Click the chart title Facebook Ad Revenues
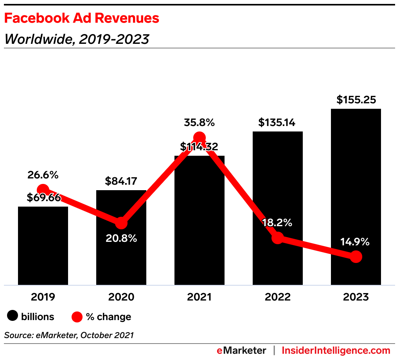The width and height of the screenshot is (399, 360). [81, 18]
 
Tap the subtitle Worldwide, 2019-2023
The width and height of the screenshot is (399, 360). [77, 39]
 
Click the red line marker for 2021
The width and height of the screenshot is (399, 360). [199, 138]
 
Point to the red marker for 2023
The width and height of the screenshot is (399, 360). [356, 257]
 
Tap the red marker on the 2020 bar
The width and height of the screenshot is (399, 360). [121, 223]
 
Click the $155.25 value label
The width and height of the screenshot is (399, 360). [356, 100]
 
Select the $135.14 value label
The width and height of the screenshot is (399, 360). [277, 123]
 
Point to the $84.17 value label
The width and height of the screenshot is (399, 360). [121, 182]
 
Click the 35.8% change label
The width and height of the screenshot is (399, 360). [199, 123]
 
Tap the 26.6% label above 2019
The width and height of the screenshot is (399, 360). [43, 175]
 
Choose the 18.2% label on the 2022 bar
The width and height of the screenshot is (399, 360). [277, 223]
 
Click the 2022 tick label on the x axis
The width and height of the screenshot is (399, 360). [278, 297]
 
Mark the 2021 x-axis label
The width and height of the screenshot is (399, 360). [199, 297]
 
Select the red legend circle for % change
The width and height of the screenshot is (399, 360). [77, 317]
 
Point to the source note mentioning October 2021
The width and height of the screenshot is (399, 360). [69, 335]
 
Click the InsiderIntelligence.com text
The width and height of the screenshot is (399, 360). [336, 350]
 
